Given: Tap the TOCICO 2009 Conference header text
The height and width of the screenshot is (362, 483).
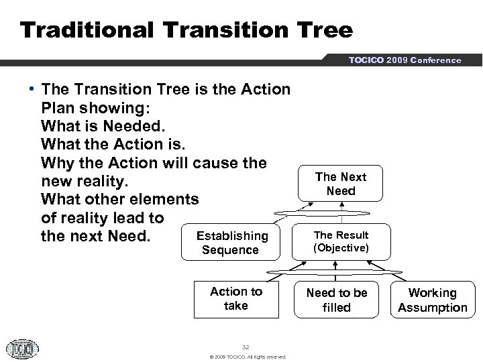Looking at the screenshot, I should pyautogui.click(x=405, y=60).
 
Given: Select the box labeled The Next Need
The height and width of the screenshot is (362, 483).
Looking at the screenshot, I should pyautogui.click(x=341, y=184).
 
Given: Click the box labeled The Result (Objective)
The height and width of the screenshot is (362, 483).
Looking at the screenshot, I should pyautogui.click(x=341, y=241).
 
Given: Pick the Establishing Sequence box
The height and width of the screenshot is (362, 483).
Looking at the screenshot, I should pyautogui.click(x=230, y=243).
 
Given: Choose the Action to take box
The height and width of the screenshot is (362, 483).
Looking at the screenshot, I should pyautogui.click(x=235, y=299).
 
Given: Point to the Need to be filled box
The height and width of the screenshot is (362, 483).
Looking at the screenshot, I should pyautogui.click(x=337, y=300).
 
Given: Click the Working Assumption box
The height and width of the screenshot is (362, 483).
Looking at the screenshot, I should pyautogui.click(x=433, y=300).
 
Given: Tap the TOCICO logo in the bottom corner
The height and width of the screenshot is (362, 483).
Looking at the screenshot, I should pyautogui.click(x=22, y=349).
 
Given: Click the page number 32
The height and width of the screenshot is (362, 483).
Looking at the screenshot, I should pyautogui.click(x=246, y=347).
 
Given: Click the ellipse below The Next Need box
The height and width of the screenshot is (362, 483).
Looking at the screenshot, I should pyautogui.click(x=341, y=213).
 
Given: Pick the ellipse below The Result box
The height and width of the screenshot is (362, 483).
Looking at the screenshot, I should pyautogui.click(x=341, y=271).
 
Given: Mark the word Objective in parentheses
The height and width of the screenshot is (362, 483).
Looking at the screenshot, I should pyautogui.click(x=341, y=248).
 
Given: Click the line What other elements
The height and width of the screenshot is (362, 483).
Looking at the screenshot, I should pyautogui.click(x=119, y=200).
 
